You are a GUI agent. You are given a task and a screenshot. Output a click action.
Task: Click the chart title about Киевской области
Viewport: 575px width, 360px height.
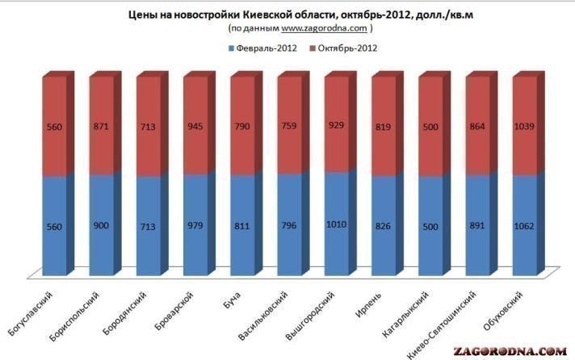287,14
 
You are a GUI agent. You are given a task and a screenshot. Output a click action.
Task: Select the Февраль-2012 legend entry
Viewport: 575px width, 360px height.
260,48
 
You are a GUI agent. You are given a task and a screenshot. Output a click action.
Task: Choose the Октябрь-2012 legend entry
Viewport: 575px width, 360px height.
344,48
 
